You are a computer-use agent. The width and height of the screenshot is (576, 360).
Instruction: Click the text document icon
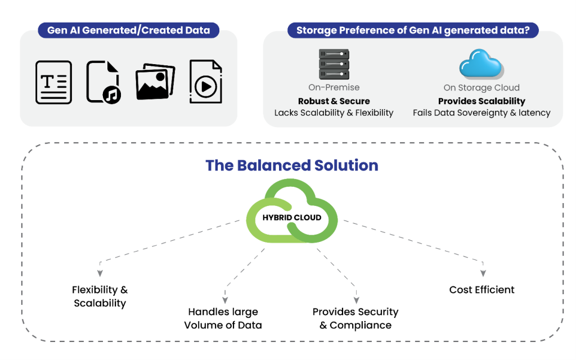tap(54, 82)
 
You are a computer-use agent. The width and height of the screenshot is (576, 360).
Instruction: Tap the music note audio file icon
tap(103, 82)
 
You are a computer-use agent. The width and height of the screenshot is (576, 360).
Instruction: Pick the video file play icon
tap(205, 82)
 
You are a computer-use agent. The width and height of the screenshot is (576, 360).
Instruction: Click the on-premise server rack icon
tap(334, 64)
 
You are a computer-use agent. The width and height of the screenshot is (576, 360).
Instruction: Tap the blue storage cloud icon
tap(481, 64)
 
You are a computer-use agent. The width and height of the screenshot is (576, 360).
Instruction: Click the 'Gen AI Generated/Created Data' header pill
tap(128, 30)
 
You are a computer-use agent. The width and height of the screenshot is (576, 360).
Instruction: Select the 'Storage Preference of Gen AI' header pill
tap(413, 30)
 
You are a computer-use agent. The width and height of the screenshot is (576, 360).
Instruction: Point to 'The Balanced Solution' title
tap(291, 165)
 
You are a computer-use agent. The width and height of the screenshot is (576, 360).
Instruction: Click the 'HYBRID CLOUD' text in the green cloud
tap(291, 217)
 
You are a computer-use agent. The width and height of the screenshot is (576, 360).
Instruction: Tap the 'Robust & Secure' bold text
tap(334, 101)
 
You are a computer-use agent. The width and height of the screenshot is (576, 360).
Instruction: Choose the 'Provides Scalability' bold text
tap(481, 101)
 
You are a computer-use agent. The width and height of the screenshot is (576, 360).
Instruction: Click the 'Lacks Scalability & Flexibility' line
tap(334, 112)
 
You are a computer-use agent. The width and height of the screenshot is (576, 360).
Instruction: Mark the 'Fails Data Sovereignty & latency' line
tap(481, 112)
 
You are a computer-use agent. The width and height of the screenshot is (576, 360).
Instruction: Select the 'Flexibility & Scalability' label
tap(100, 296)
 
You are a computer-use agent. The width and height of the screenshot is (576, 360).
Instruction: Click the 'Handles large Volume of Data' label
tap(224, 318)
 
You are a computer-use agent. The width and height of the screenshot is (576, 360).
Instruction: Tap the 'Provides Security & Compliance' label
tap(355, 318)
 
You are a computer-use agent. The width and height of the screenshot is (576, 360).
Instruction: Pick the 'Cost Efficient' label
tap(482, 290)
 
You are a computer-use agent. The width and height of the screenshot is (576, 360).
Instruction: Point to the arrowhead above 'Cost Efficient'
tap(483, 273)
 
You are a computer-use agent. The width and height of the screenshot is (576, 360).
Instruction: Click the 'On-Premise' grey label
tap(334, 88)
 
